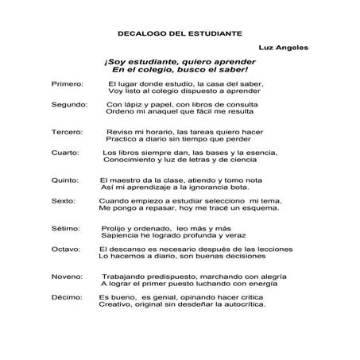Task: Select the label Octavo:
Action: [66, 249]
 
